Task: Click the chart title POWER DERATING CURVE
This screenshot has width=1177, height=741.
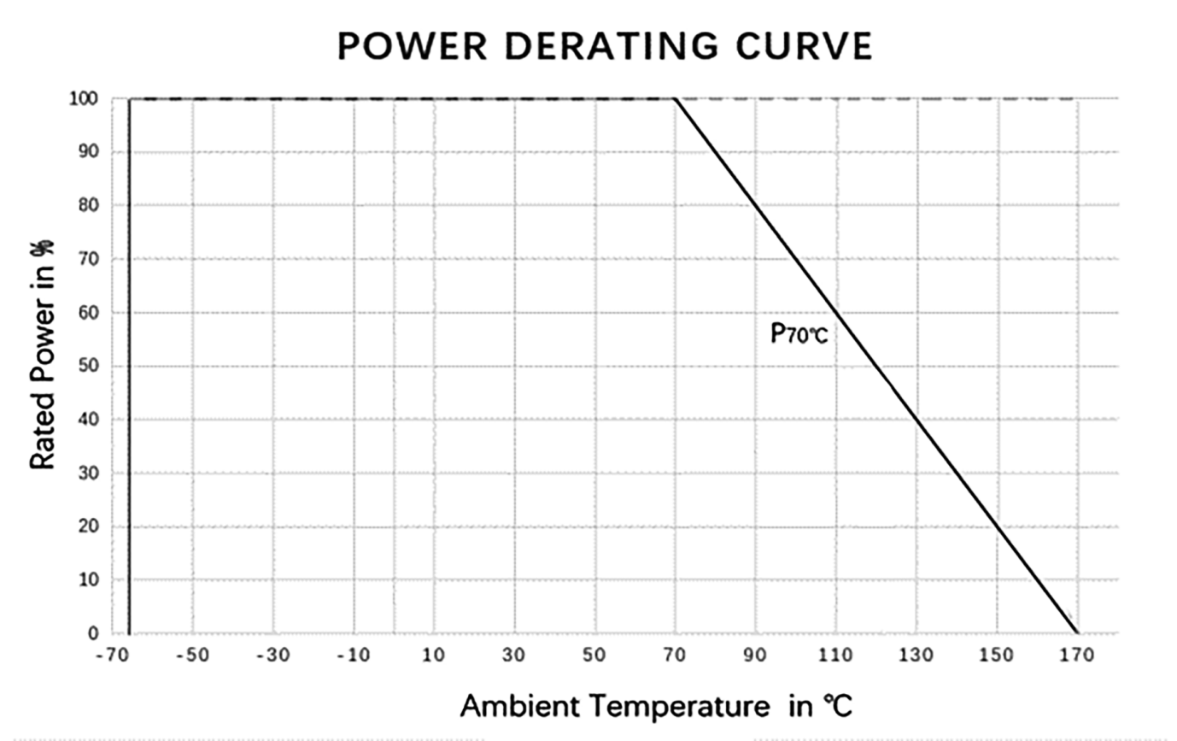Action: (x=605, y=46)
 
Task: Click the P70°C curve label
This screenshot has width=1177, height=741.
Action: (x=799, y=333)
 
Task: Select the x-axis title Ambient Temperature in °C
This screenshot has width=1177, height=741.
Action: (x=656, y=706)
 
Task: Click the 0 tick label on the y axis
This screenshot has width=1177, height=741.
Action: (x=93, y=633)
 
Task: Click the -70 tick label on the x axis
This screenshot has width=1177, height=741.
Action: (x=111, y=656)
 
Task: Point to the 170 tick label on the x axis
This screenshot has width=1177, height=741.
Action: (x=1076, y=656)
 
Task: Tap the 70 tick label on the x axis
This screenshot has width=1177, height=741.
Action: (x=675, y=656)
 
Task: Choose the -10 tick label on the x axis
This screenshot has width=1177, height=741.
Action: (x=352, y=656)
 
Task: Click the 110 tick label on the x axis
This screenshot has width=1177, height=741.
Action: (x=835, y=656)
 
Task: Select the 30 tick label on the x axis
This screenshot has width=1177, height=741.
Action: (x=513, y=656)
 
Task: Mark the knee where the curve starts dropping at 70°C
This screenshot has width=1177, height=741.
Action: (x=675, y=99)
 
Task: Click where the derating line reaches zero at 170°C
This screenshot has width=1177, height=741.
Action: (x=1077, y=633)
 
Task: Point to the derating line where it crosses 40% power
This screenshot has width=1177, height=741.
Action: (x=916, y=420)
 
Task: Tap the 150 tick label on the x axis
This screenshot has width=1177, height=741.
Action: (x=996, y=656)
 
